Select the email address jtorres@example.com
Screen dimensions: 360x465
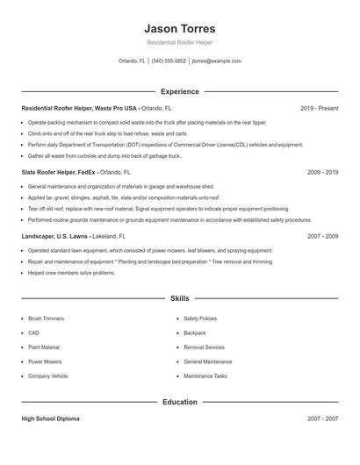coord(216,61)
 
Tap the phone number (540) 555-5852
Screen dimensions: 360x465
coord(169,61)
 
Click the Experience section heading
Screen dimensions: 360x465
coord(179,91)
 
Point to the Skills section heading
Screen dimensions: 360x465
coord(179,298)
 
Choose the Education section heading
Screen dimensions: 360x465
coord(179,402)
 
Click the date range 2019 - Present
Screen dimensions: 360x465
coord(319,108)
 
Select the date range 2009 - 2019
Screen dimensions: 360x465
coord(322,173)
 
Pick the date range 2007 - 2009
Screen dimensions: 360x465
coord(322,236)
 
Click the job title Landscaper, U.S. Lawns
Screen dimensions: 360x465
coord(55,236)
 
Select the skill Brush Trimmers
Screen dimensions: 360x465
coord(46,318)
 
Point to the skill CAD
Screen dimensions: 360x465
coord(33,333)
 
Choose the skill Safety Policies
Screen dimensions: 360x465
coord(199,318)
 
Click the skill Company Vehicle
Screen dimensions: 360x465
coord(47,376)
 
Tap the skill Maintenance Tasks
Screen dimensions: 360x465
coord(205,376)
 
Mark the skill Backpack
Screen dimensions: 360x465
coord(194,333)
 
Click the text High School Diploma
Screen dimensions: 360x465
coord(50,418)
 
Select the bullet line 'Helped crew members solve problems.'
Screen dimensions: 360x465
coord(71,273)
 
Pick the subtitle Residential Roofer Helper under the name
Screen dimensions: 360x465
coord(179,42)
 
